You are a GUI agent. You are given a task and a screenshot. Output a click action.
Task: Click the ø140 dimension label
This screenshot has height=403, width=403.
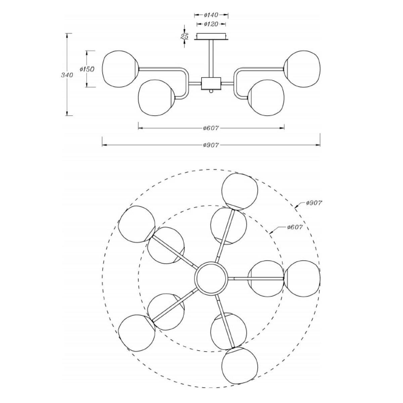pyautogui.click(x=211, y=15)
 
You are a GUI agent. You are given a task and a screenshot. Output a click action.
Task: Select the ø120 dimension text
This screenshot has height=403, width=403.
pyautogui.click(x=211, y=24)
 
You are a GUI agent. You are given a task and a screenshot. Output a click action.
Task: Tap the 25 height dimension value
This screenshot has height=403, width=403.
pyautogui.click(x=184, y=36)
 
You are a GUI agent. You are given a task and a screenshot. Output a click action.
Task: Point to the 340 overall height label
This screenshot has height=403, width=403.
pyautogui.click(x=67, y=75)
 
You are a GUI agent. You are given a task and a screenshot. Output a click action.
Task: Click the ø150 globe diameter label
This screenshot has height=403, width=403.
pyautogui.click(x=87, y=69)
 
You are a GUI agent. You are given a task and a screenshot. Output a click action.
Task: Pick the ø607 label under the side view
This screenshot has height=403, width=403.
pyautogui.click(x=211, y=128)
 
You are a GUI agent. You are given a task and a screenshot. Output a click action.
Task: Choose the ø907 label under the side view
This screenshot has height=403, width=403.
pyautogui.click(x=211, y=145)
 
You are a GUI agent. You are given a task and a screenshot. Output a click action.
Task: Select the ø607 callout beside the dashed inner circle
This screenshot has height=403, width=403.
pyautogui.click(x=295, y=227)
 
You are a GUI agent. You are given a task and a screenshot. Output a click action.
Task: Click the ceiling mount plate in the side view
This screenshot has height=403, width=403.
pyautogui.click(x=211, y=37)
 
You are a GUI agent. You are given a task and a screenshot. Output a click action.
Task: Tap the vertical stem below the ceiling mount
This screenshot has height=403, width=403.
pyautogui.click(x=211, y=58)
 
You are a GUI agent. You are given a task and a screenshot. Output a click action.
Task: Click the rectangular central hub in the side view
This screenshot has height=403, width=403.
pyautogui.click(x=211, y=83)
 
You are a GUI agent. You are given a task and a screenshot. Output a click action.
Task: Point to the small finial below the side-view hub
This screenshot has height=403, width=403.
pyautogui.click(x=211, y=91)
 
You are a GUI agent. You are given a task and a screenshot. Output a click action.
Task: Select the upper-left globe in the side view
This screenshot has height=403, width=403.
pyautogui.click(x=120, y=69)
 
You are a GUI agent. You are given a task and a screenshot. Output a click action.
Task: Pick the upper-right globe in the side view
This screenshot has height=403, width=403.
pyautogui.click(x=302, y=69)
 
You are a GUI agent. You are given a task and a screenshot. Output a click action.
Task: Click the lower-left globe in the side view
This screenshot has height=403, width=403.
pyautogui.click(x=156, y=97)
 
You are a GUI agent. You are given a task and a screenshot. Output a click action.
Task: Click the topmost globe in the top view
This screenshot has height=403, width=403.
pyautogui.click(x=240, y=191)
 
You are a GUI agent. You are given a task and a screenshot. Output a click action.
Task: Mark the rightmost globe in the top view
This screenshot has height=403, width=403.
pyautogui.click(x=302, y=278)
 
